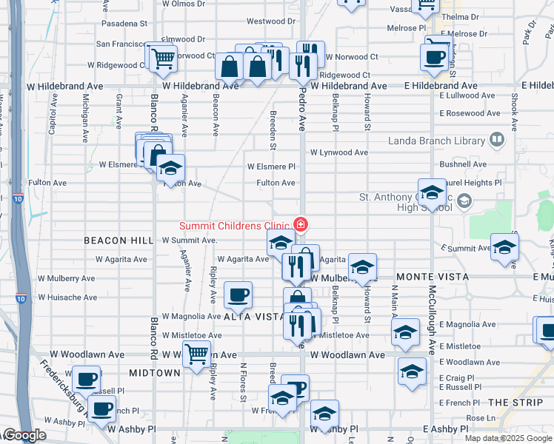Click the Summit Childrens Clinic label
pos(235,225)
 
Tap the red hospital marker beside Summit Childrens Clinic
pos(301,223)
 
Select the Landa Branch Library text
pos(436,141)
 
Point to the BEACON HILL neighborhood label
pos(119,240)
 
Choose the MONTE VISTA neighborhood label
pos(432,276)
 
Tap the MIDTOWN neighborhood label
pos(154,372)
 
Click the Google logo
pos(24,435)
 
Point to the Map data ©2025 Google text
pos(508,438)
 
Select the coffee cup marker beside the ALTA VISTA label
pos(238,295)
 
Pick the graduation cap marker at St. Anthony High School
pos(432,193)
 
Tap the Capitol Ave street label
pos(53,117)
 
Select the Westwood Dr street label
pos(271,21)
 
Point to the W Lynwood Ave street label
pos(338,152)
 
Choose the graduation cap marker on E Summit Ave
pos(504,248)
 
